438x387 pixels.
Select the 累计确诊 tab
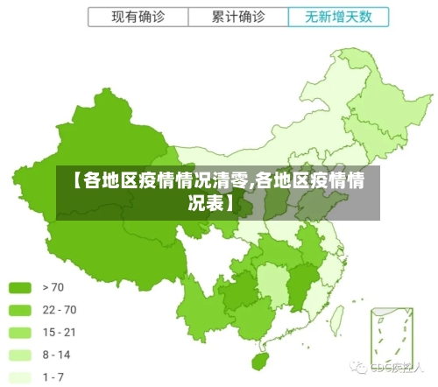point(239,17)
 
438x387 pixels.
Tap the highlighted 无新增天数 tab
point(336,17)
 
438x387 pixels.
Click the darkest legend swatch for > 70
point(20,287)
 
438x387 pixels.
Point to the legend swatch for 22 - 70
point(20,310)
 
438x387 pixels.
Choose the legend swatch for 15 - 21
point(20,333)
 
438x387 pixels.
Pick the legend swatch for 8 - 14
point(20,355)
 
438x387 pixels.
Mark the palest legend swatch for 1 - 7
point(20,377)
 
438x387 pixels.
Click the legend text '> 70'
point(53,287)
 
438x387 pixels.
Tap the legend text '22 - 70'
point(60,310)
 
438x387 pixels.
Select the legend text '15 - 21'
point(60,333)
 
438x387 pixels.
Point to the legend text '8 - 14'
point(57,355)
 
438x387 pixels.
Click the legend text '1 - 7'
point(53,377)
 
